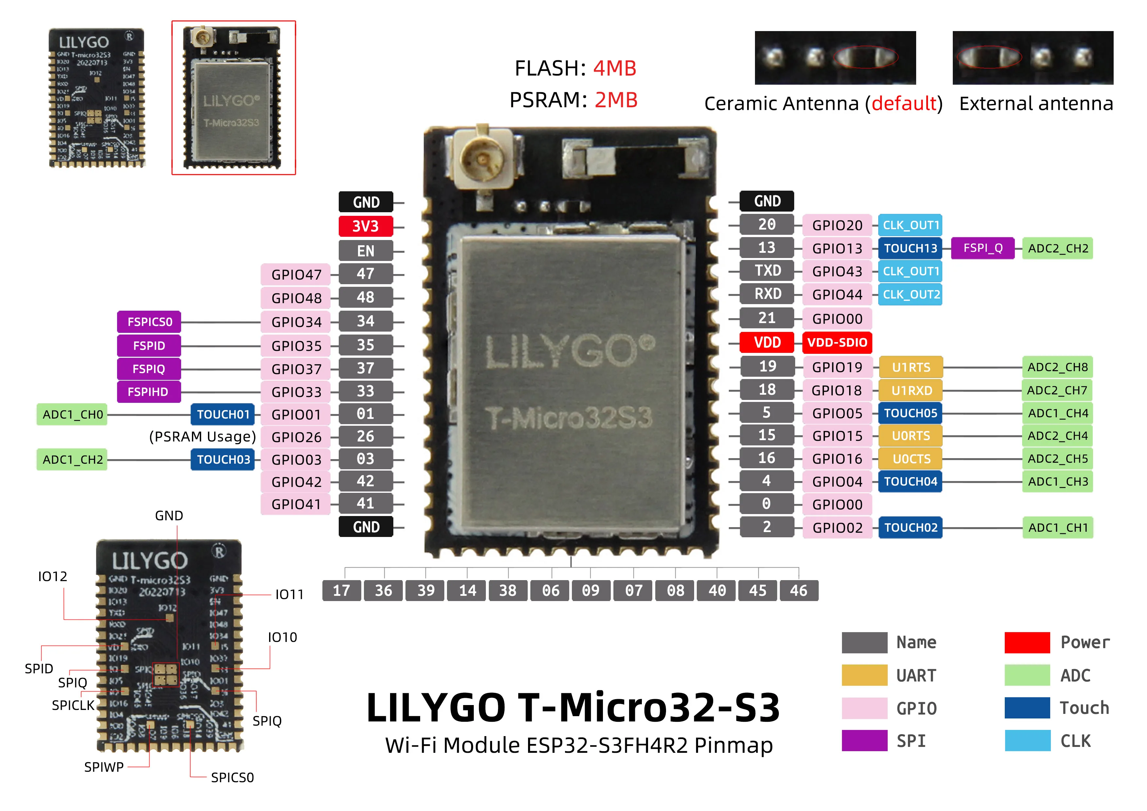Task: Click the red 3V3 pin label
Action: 366,226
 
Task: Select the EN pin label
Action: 366,251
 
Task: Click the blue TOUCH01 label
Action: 223,414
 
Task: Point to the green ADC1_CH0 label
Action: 73,415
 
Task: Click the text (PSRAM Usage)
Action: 202,437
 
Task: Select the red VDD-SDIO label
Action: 837,343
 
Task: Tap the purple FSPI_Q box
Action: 983,248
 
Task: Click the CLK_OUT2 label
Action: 911,295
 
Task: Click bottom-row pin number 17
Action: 342,591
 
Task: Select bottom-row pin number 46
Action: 798,591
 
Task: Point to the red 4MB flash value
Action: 614,68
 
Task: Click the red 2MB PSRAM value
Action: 616,100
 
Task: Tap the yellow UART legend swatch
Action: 864,675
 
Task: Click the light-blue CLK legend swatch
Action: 1028,741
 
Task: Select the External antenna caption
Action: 1036,104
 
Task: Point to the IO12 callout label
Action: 52,577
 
